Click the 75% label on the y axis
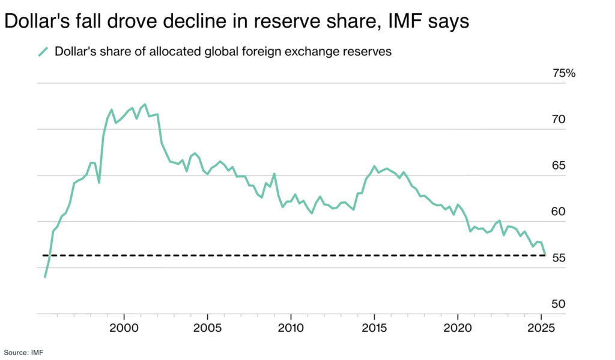click(563, 73)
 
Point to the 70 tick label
click(559, 120)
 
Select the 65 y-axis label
click(559, 166)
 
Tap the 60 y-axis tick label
click(559, 212)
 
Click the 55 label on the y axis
click(559, 258)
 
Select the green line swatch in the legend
click(43, 52)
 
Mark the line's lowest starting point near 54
click(45, 277)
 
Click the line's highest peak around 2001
click(145, 105)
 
